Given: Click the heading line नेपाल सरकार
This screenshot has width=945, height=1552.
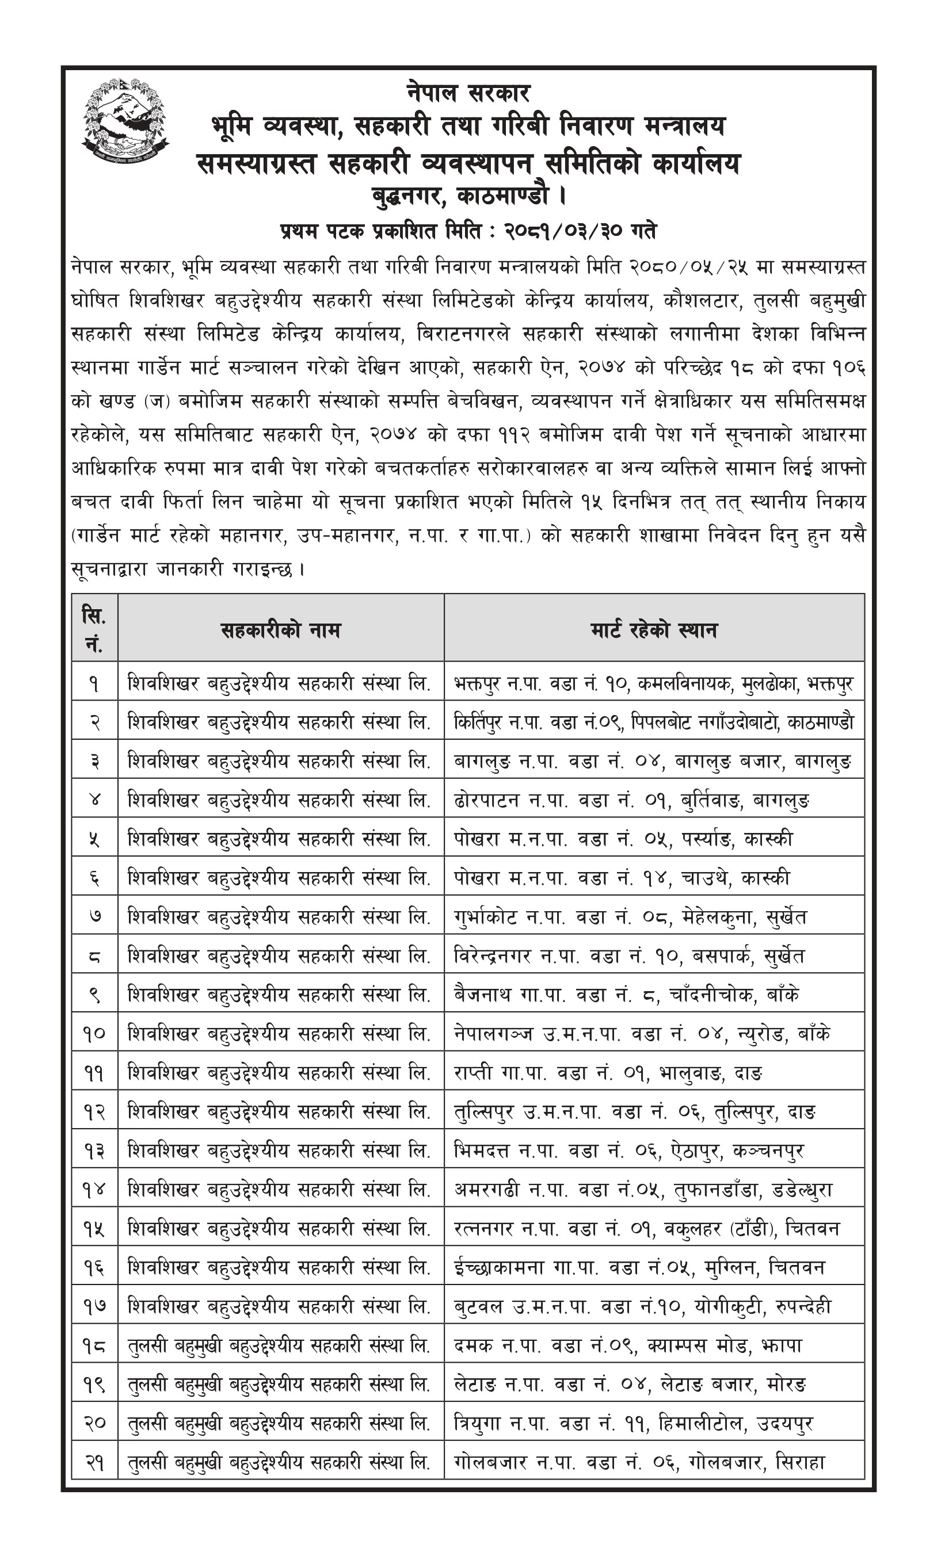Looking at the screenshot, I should pyautogui.click(x=468, y=94).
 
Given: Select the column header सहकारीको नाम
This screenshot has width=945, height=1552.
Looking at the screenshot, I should pyautogui.click(x=280, y=629).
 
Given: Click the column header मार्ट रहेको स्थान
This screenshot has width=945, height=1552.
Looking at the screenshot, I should pyautogui.click(x=653, y=629).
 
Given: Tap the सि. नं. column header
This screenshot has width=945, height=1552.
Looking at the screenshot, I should pyautogui.click(x=94, y=629).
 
